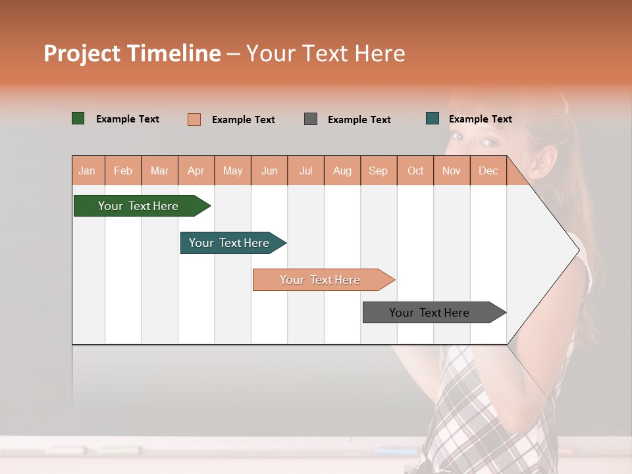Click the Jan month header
87,171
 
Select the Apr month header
196,171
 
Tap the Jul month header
305,171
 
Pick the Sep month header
378,171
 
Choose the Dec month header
488,171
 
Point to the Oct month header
415,171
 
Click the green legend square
78,118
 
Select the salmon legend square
194,119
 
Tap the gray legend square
311,119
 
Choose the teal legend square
433,118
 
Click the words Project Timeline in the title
132,53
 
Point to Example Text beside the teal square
480,119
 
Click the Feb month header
123,171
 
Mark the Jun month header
269,171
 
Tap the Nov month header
452,171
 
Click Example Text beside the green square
128,119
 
